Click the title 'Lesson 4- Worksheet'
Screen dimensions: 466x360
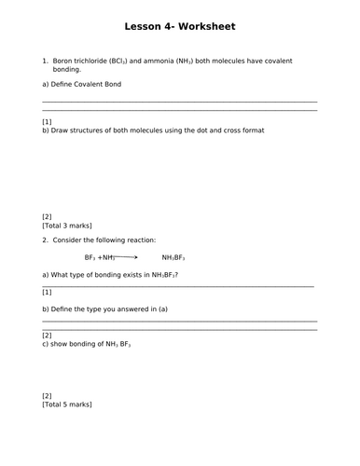180,28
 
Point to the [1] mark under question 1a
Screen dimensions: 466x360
47,122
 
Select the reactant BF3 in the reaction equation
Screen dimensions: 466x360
90,257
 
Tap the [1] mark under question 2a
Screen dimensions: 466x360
47,292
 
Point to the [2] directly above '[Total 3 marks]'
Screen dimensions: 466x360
47,216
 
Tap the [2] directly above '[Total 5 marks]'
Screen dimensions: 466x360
47,395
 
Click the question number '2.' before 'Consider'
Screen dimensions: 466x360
45,240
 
